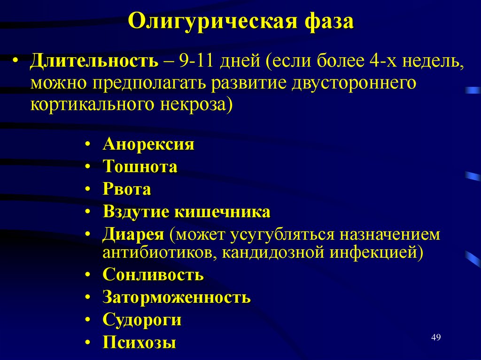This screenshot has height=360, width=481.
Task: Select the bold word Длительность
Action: pos(94,61)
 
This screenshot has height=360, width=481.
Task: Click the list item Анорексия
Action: pos(148,144)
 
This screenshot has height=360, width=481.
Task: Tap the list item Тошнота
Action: pos(140,167)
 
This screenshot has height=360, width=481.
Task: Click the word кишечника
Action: pos(223,212)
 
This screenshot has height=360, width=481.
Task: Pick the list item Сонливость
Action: pos(153,275)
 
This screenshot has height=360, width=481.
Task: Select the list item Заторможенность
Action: pos(177,297)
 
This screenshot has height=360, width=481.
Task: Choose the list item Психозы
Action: pos(140,342)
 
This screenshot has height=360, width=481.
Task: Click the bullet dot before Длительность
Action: pos(16,62)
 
